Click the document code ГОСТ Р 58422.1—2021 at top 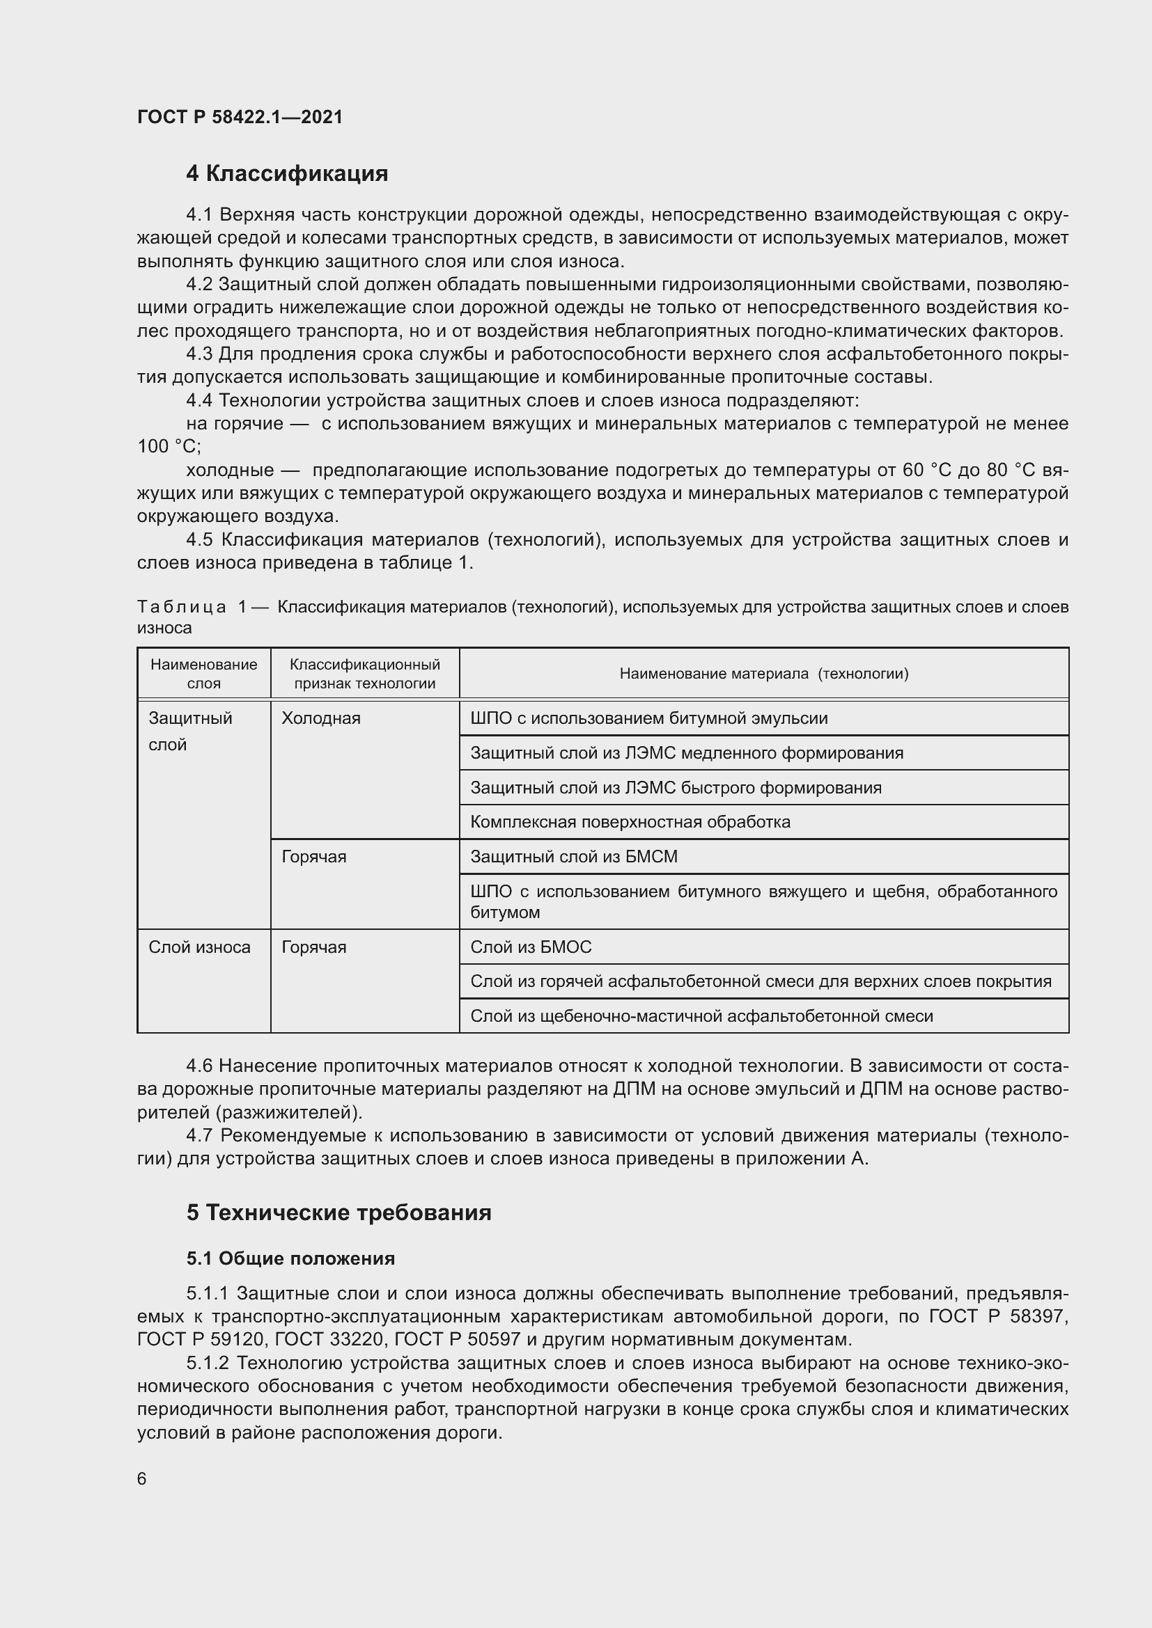[x=240, y=118]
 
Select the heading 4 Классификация [x=286, y=174]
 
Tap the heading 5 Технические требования [x=339, y=1212]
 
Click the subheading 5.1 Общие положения [x=291, y=1258]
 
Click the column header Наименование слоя [x=203, y=674]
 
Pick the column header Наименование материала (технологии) [x=763, y=674]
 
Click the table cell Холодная [x=320, y=718]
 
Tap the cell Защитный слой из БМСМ [x=574, y=857]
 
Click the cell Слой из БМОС [x=531, y=947]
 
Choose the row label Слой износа [x=199, y=947]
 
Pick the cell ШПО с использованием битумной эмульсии [x=648, y=718]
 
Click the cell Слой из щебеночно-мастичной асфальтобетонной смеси [x=701, y=1016]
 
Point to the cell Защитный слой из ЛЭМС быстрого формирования [x=676, y=788]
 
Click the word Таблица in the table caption [x=182, y=608]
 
